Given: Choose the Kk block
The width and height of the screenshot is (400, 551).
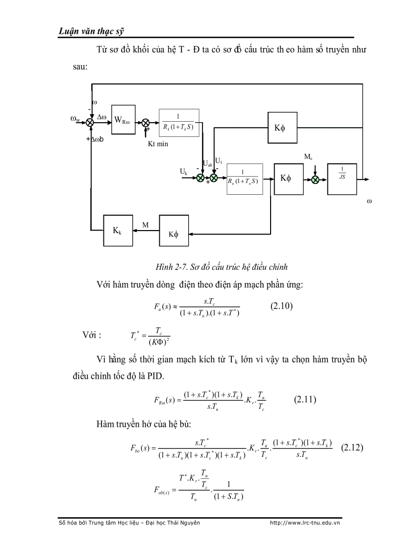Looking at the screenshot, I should click(x=118, y=230).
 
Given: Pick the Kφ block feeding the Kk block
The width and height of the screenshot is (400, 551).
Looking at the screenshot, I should click(x=174, y=234).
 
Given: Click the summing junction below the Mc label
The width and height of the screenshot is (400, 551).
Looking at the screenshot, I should click(x=315, y=179).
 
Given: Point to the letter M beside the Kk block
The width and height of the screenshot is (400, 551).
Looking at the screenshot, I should click(x=146, y=225).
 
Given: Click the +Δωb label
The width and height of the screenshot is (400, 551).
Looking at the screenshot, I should click(x=98, y=139).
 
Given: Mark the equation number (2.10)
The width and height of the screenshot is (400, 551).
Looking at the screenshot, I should click(x=281, y=306).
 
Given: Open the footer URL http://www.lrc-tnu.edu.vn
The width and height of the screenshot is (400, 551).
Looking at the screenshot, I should click(x=305, y=523).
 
